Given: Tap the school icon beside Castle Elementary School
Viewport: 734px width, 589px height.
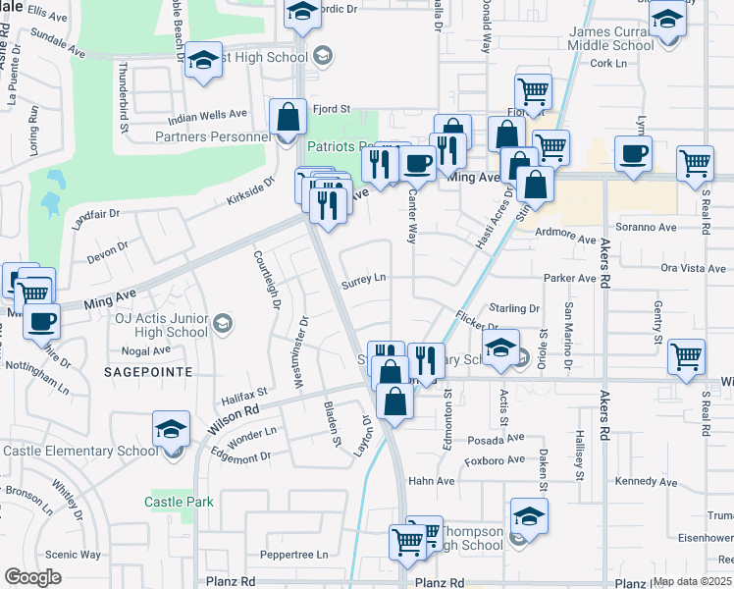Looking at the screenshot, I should tap(171, 430).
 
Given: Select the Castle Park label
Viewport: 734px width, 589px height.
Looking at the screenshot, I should tap(179, 502).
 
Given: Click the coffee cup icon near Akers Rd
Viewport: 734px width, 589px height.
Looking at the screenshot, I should tap(633, 153).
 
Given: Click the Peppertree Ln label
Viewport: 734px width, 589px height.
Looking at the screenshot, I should tap(295, 555).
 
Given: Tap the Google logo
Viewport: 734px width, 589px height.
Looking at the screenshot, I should tap(33, 577).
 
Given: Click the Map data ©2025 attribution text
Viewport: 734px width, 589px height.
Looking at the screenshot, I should tap(693, 581).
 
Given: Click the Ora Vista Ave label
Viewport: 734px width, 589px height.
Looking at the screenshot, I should tap(694, 268).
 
